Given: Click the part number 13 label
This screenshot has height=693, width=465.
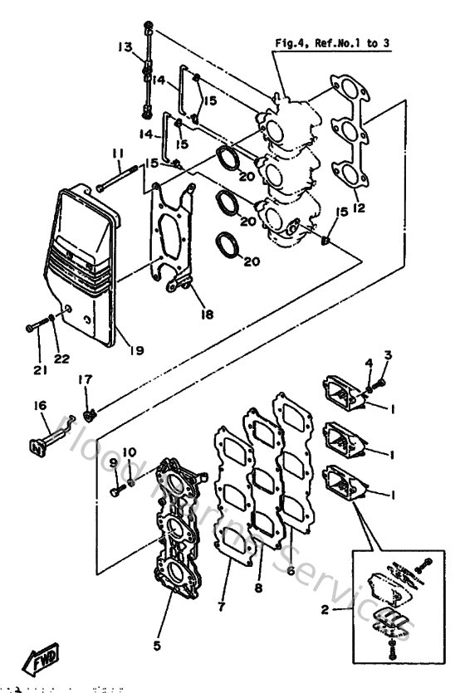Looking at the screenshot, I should [x=125, y=48].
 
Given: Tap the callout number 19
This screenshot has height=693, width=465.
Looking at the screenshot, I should [x=136, y=350].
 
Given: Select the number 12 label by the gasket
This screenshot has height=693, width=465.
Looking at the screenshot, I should [x=359, y=207].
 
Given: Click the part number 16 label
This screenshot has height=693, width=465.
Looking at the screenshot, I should [x=39, y=405].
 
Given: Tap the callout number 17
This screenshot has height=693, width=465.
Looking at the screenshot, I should [x=85, y=379].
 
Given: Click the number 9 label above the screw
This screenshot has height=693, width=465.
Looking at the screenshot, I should [x=114, y=462].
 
